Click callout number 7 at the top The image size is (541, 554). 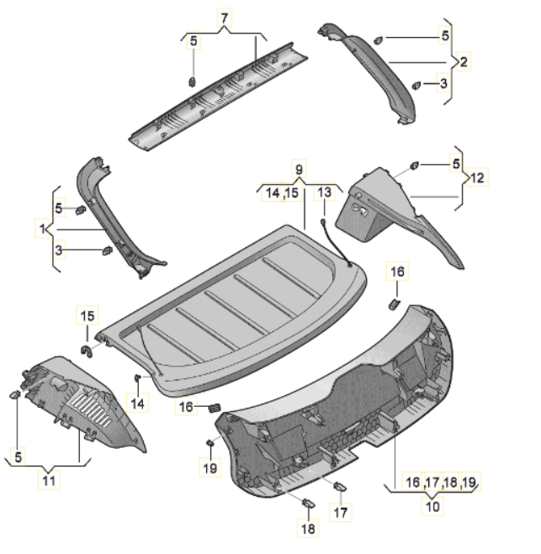(224, 18)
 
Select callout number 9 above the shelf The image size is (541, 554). (299, 170)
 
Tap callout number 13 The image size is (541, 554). (324, 193)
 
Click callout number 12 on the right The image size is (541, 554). (477, 177)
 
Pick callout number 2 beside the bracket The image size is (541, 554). (464, 62)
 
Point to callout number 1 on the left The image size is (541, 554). (42, 229)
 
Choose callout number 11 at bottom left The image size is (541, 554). (49, 481)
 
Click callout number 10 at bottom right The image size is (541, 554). (432, 506)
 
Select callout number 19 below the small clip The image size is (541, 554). (210, 468)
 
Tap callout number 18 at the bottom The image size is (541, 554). (308, 529)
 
